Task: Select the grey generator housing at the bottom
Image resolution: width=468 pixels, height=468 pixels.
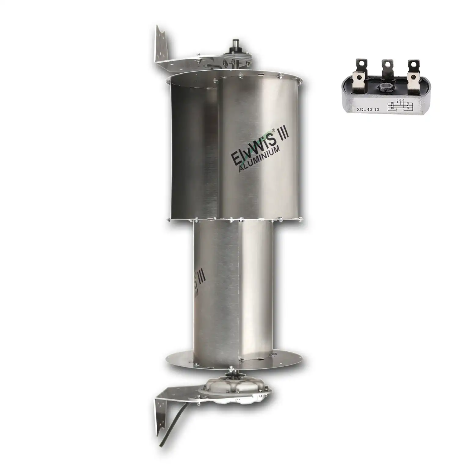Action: (x=235, y=383)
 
